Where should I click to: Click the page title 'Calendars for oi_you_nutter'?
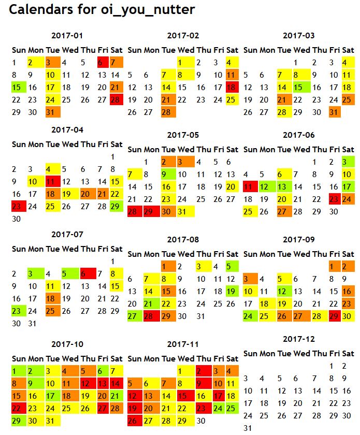pos(102,10)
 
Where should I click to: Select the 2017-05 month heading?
pos(183,135)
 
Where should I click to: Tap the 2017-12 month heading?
pos(299,339)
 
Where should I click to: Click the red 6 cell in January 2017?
pos(102,63)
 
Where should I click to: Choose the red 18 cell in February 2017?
pos(232,88)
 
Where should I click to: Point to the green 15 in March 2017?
pos(299,88)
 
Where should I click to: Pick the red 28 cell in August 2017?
pos(151,316)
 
